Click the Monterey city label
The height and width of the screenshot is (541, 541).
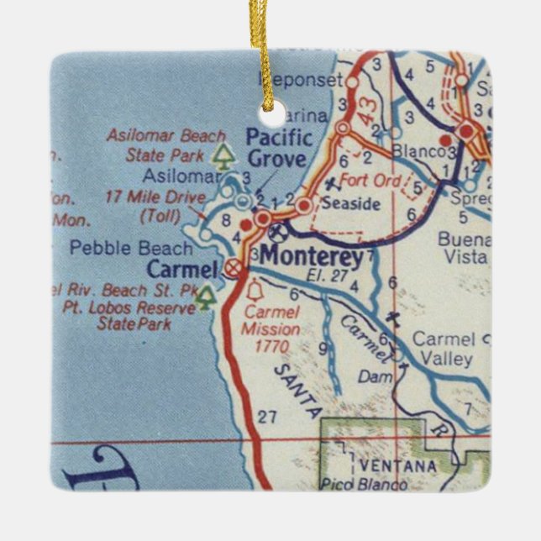pyautogui.click(x=312, y=257)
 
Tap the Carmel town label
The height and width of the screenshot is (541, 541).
pyautogui.click(x=183, y=270)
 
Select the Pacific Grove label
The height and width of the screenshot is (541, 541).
pyautogui.click(x=279, y=148)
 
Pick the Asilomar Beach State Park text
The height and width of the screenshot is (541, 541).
pyautogui.click(x=165, y=145)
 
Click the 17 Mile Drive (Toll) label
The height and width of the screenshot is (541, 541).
pyautogui.click(x=155, y=206)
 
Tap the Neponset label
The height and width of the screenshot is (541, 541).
pyautogui.click(x=301, y=81)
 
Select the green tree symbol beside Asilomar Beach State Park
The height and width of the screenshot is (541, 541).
pyautogui.click(x=223, y=155)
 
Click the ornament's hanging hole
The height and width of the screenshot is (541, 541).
pyautogui.click(x=270, y=99)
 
